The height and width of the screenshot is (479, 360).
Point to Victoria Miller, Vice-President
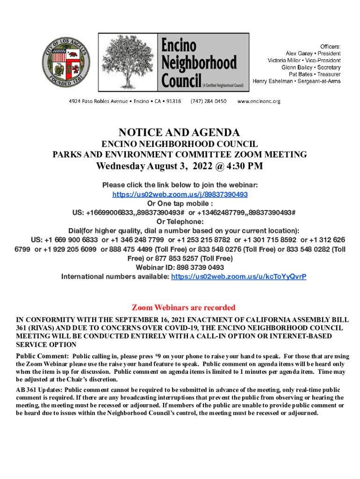304,60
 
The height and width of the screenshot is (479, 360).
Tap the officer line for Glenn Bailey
311,67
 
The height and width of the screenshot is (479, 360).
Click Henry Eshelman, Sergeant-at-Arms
296,81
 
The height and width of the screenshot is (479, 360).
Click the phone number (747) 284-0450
209,101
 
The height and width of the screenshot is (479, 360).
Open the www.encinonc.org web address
259,101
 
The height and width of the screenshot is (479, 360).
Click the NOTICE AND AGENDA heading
180,132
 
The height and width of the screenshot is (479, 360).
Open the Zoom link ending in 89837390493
180,194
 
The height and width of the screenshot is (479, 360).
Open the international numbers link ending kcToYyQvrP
238,276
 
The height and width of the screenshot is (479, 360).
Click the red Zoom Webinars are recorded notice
183,308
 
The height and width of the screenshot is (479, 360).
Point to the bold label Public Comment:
43,357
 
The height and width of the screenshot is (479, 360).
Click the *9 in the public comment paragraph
158,357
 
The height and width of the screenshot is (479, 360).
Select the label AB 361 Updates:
39,390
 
